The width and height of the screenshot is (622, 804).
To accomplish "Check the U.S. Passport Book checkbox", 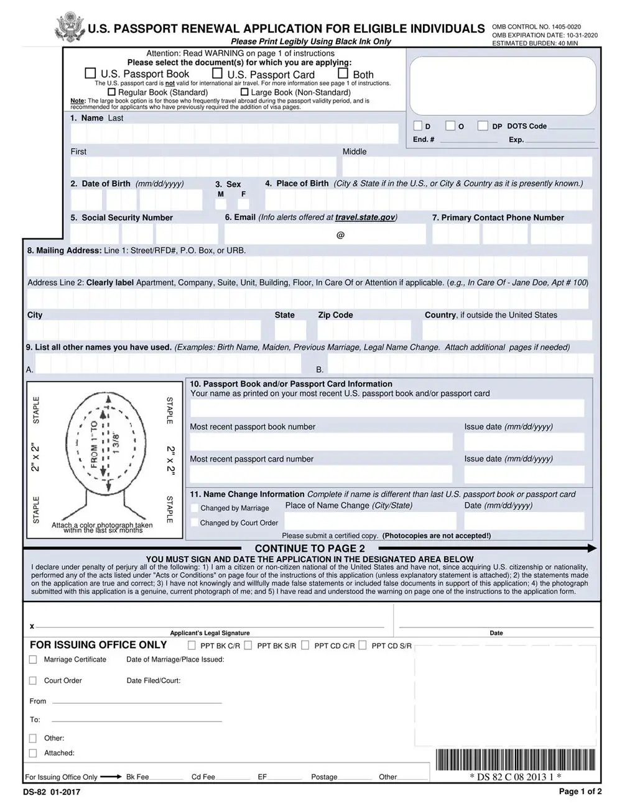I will click(x=90, y=73).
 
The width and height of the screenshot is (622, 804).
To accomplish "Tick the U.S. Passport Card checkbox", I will click(x=217, y=73).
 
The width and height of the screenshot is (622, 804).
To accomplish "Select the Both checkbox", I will click(x=343, y=73).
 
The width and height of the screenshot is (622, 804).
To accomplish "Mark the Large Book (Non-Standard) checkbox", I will click(x=244, y=92).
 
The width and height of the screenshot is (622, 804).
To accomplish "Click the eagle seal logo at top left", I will click(x=69, y=27).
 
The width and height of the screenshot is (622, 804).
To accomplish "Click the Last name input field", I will click(x=234, y=134).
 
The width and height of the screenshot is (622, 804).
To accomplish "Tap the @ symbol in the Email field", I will click(x=340, y=235).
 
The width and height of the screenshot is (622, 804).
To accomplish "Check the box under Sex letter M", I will click(x=220, y=203).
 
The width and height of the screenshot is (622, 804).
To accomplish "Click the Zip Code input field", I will click(x=364, y=330).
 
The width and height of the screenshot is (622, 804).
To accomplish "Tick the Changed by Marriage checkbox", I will click(x=195, y=508).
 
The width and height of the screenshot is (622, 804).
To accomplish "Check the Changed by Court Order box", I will click(x=195, y=523).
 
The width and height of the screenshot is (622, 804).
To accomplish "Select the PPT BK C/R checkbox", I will click(x=192, y=646).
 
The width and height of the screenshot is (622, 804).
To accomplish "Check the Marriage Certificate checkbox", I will click(x=33, y=660).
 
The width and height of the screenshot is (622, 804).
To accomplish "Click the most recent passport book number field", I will click(x=321, y=442).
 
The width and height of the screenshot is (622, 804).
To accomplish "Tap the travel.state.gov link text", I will click(x=364, y=217).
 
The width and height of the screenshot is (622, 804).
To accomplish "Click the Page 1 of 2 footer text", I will click(x=580, y=791).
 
